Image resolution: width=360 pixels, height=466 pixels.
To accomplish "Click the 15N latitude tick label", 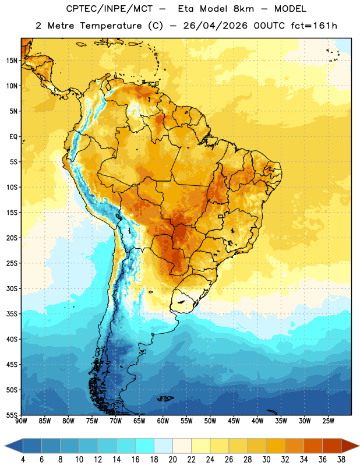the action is pos(12,61).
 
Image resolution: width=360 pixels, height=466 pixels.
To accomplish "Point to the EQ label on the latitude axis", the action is pos(13,137).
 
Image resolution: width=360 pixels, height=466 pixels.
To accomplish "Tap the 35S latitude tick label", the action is pos(12,314).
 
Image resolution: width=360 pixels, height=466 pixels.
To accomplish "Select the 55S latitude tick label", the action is pos(12,415).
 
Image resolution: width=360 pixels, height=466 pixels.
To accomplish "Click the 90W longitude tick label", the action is pos(21,421).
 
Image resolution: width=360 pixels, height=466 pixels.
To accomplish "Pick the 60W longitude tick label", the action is pos(163,421).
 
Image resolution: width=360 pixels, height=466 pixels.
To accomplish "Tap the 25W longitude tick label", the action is pos(328,421).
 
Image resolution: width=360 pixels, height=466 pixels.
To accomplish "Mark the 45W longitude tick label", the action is pos(234,421).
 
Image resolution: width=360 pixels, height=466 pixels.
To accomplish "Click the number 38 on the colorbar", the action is pos(341,460).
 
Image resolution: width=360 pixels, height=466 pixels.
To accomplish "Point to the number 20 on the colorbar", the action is pos(172,460).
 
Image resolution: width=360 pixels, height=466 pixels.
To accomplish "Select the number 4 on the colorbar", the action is pos(23,460).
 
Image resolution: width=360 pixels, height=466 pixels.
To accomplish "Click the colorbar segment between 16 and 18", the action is pos(144,446).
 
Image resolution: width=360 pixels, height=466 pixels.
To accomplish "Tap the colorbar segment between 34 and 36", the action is pos(313,446).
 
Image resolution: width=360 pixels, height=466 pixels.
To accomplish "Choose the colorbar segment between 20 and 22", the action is pos(182,446).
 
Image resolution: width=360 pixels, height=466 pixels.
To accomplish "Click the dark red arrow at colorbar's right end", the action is pos(350,446).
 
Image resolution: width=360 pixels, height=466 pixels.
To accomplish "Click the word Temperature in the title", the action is pos(111,26).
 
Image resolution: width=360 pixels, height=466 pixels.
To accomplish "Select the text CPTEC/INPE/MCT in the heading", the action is pos(109,9).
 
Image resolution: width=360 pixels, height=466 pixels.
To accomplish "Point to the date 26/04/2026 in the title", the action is pos(215,26).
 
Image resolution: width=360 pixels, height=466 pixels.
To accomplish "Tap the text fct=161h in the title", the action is pos(314,26).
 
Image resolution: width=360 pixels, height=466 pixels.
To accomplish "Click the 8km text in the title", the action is pos(243,9).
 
